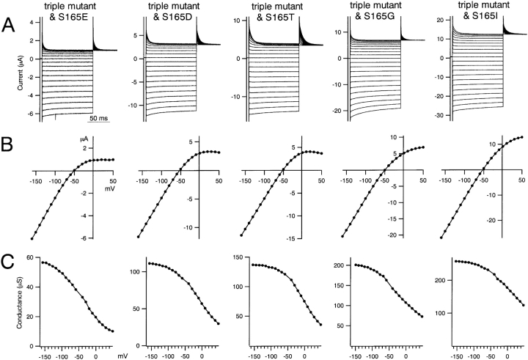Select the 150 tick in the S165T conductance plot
tap(238, 257)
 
